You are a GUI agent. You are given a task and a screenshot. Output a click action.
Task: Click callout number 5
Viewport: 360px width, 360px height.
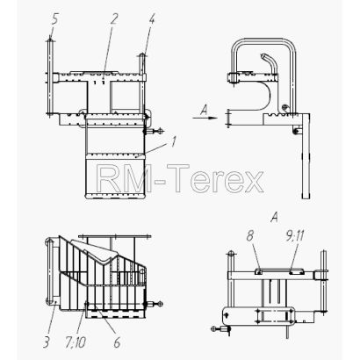(54, 20)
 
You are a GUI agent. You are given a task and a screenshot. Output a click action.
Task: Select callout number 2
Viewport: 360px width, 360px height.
(113, 19)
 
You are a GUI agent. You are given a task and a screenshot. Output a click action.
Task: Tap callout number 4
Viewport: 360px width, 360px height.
(151, 19)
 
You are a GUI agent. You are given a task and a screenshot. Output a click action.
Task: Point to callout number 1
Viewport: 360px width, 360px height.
(174, 142)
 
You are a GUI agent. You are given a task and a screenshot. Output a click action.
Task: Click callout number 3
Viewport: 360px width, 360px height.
(46, 342)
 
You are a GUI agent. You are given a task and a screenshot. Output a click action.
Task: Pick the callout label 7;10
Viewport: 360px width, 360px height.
(76, 342)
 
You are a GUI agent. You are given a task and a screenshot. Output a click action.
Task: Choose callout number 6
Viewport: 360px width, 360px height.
(117, 342)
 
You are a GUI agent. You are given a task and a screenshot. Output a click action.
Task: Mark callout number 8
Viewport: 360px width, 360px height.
(249, 236)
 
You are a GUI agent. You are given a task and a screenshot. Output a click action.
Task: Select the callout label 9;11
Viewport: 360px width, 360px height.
(293, 236)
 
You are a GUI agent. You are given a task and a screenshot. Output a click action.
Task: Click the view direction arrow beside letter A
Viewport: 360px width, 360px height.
(205, 118)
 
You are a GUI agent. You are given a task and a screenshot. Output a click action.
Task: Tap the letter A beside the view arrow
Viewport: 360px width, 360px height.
(204, 110)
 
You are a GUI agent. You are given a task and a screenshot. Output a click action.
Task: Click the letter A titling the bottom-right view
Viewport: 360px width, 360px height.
(274, 217)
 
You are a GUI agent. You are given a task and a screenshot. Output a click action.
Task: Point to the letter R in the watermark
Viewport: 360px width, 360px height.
(109, 178)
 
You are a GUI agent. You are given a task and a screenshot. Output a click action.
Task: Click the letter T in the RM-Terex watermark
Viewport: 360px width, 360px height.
(178, 178)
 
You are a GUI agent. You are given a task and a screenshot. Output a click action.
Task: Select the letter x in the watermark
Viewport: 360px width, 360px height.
(253, 182)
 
